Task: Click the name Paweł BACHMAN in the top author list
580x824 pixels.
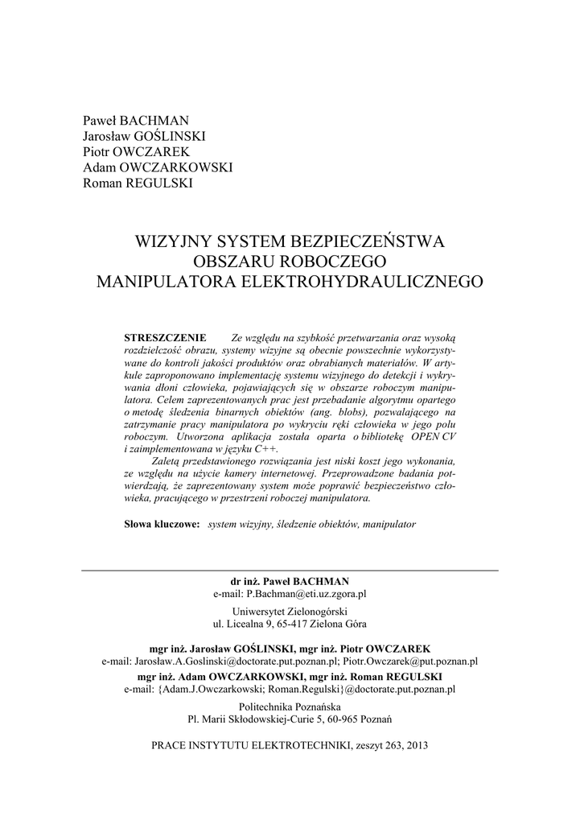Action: (136, 122)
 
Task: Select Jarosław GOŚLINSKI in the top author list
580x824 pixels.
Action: (144, 137)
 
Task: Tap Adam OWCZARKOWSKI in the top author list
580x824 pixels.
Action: (158, 167)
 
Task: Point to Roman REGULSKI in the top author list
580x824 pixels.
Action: (138, 183)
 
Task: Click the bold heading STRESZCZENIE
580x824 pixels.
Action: (166, 336)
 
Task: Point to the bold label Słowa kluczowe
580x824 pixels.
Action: (162, 523)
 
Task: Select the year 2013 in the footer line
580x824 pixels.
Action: (415, 745)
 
